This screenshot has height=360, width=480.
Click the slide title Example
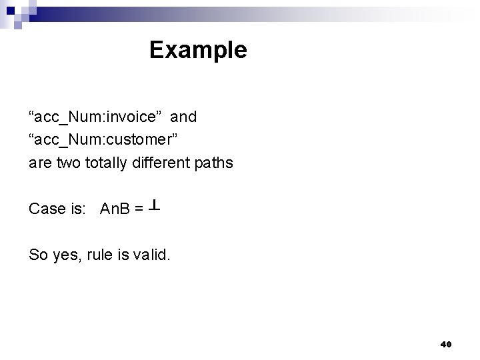click(x=198, y=50)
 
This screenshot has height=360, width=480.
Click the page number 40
click(x=446, y=344)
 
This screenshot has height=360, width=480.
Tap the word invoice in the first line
click(x=133, y=117)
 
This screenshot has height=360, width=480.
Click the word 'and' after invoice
click(x=183, y=117)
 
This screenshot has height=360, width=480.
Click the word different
click(x=162, y=163)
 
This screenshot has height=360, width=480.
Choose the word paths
click(x=215, y=163)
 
